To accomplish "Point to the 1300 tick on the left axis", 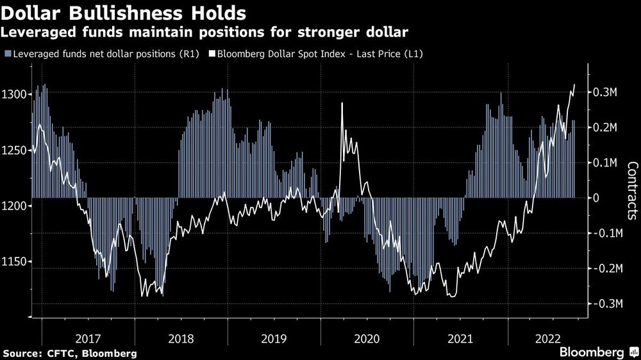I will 14,94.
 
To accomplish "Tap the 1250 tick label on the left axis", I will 14,150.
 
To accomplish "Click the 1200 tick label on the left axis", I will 14,206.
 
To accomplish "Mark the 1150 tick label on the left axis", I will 14,261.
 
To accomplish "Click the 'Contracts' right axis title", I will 631,190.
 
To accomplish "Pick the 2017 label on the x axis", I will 88,338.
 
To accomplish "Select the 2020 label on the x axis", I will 367,338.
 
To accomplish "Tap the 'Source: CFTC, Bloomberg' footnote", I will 69,353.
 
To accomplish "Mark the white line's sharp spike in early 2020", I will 342,103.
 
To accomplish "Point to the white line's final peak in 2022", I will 574,85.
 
